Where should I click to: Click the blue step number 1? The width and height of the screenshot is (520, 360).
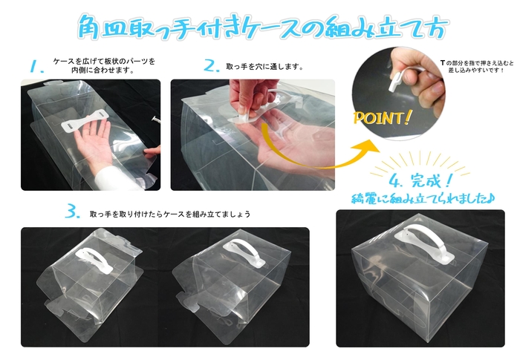pos(34,68)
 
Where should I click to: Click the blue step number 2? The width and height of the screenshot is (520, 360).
pos(211,66)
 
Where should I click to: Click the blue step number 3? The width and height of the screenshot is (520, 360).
pos(72,212)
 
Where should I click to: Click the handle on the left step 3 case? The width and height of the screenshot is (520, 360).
pos(93,258)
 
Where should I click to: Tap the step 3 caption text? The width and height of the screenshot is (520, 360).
pos(170,214)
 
